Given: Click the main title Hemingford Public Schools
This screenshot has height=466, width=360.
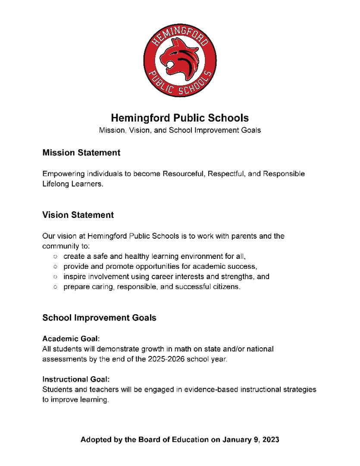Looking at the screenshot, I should [x=180, y=118].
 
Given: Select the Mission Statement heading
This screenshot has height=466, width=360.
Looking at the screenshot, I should [x=81, y=153].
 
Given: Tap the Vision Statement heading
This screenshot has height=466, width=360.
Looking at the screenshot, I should [x=78, y=215].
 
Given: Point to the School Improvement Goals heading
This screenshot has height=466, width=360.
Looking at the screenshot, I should [x=99, y=318].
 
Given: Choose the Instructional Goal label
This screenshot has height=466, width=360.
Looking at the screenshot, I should [x=76, y=380].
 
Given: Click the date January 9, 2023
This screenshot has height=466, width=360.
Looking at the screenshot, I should [x=251, y=440].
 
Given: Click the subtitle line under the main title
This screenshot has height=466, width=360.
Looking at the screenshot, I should [x=180, y=130].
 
